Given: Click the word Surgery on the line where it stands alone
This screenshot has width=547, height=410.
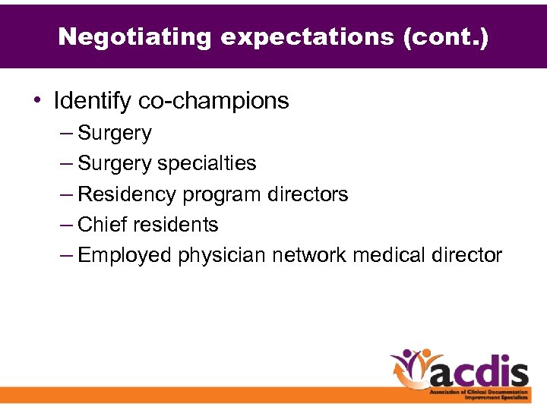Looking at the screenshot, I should click(x=115, y=134).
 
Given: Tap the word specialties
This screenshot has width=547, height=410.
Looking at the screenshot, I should click(x=207, y=164).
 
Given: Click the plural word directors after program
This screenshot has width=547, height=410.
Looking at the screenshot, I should click(x=308, y=194).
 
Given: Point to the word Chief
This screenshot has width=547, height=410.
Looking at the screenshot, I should click(x=103, y=225).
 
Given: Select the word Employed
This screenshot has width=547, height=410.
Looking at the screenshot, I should click(x=125, y=256).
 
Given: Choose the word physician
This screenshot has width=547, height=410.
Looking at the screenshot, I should click(x=221, y=256).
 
